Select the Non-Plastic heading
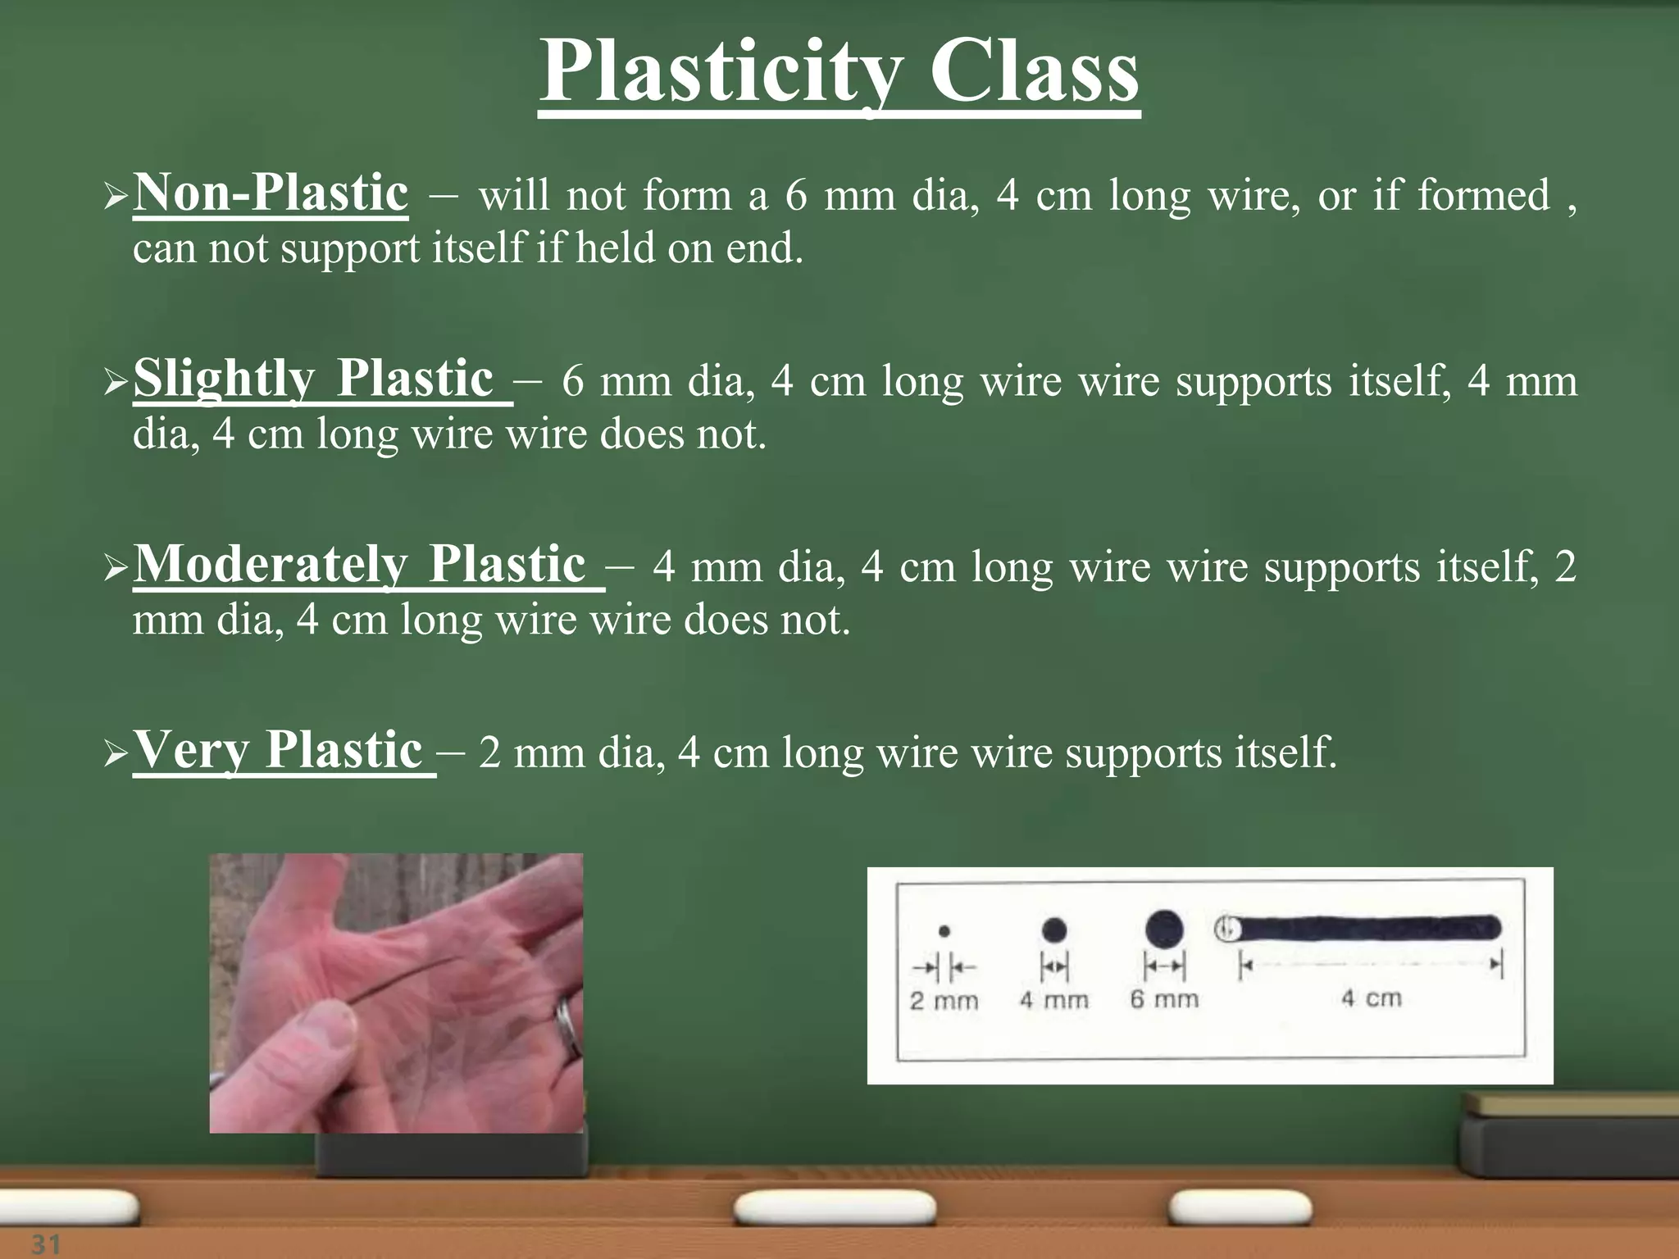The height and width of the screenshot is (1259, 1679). point(271,194)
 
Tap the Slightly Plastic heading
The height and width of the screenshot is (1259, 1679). point(313,380)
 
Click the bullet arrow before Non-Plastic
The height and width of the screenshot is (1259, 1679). point(116,197)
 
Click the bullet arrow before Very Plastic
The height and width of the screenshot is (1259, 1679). point(116,753)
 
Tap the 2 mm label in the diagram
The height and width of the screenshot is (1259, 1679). point(944,1001)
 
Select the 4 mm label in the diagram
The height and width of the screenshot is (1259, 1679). point(1053,1000)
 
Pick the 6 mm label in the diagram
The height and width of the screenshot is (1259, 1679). point(1164,999)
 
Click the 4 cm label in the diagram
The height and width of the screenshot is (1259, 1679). point(1372,998)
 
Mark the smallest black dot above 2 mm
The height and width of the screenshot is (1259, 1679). point(944,931)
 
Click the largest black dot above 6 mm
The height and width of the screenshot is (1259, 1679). point(1164,929)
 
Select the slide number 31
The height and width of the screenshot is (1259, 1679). point(46,1244)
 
